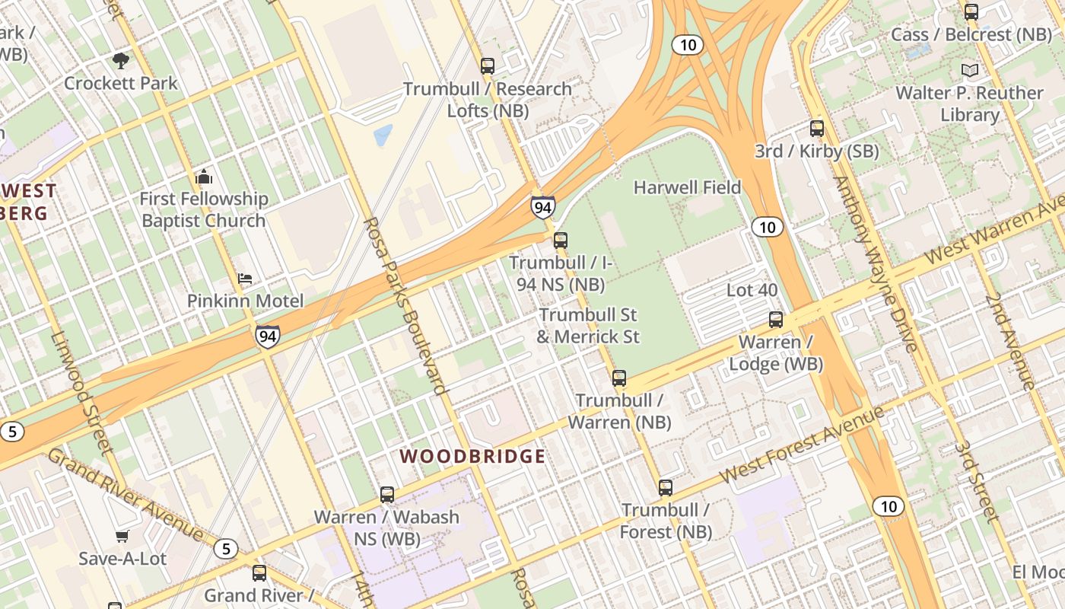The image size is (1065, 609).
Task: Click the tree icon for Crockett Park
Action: pos(120,60)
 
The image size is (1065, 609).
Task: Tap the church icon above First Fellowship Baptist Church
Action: pos(203,177)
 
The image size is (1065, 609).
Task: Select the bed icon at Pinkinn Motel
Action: pos(245,279)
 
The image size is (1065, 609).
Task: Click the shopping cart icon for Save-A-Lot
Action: pos(122,537)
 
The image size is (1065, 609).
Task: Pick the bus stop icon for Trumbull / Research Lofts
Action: pos(488,66)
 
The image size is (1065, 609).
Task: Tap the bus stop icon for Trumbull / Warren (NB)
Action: pos(619,378)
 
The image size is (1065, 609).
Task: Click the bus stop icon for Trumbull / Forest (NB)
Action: pos(666,488)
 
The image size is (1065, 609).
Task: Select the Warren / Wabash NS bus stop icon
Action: pos(387,495)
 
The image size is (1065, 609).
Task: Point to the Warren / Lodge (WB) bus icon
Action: pos(776,320)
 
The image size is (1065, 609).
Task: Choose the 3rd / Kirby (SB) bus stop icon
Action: pos(817,129)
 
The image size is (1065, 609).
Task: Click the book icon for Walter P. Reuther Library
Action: pos(969,71)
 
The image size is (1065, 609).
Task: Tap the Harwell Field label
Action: pos(687,187)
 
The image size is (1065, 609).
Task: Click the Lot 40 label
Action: pos(752,290)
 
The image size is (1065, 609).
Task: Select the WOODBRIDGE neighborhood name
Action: pos(472,457)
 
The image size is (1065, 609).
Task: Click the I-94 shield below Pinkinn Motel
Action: pos(267,336)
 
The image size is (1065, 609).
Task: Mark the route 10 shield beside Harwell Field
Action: pos(768,227)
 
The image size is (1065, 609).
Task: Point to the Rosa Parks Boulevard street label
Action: pos(405,305)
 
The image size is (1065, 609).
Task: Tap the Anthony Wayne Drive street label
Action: pos(876,263)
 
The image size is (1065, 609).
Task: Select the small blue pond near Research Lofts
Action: pos(383,135)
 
